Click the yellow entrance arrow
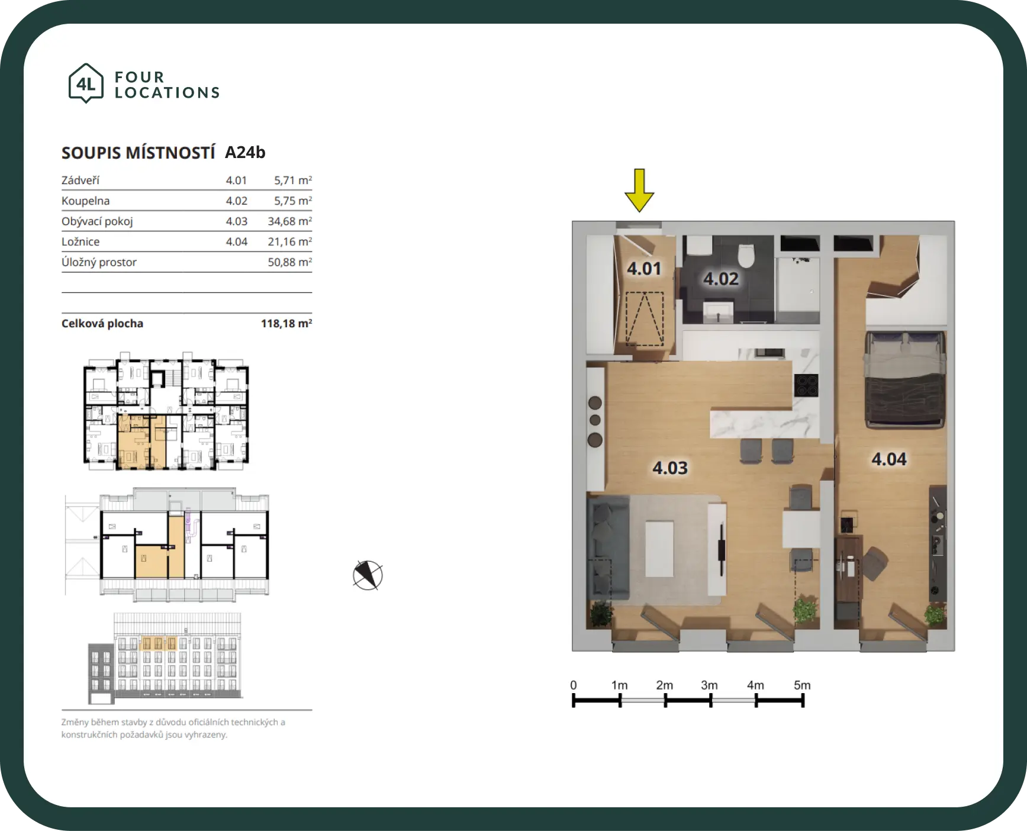639,190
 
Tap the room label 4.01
644,269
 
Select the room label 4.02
721,279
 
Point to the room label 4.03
670,468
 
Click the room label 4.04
889,459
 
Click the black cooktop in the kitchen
806,385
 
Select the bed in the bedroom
905,379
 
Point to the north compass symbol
368,575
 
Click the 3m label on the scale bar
709,685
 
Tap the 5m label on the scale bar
802,685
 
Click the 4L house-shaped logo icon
86,83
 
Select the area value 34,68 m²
289,221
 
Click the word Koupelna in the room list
86,201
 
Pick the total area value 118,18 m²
286,323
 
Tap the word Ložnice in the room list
81,241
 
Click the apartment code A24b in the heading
245,153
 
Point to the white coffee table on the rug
659,549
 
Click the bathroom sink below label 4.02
719,311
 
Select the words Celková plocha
102,324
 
